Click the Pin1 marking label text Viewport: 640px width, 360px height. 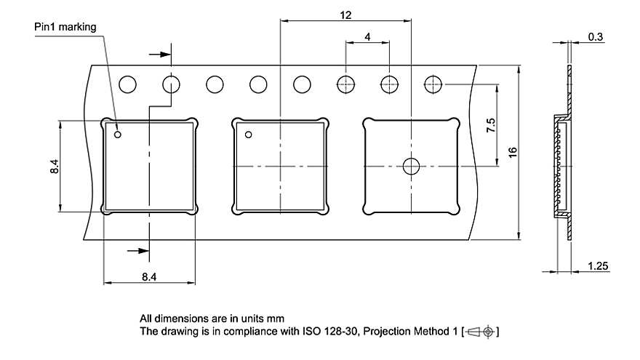[65, 27]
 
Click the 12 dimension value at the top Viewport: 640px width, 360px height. [345, 15]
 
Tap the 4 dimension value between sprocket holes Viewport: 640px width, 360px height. [367, 36]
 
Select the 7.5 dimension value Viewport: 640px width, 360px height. [491, 125]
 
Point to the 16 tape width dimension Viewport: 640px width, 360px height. [512, 152]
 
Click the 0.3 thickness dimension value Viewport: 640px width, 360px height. [595, 37]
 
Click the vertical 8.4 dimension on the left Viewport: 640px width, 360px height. [54, 167]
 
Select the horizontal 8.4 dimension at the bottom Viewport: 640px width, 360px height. [149, 276]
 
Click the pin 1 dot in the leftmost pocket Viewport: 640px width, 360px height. [118, 133]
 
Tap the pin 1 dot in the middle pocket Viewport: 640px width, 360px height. [248, 134]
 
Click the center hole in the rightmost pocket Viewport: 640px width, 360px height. [412, 167]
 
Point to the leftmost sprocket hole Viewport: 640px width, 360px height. [128, 84]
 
